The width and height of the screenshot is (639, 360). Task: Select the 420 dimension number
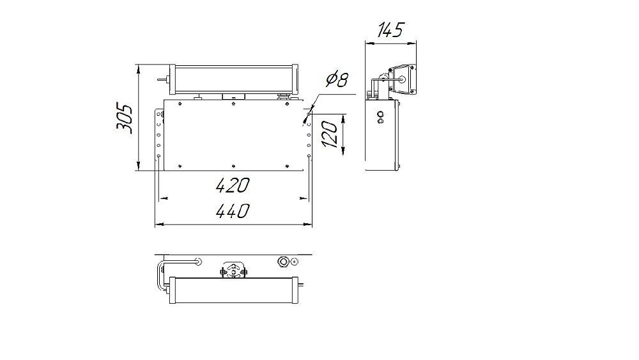(x=233, y=185)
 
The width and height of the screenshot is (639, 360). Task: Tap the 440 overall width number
(x=233, y=211)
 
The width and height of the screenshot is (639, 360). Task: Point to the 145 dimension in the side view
(x=390, y=30)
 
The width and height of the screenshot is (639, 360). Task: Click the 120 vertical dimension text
(x=330, y=135)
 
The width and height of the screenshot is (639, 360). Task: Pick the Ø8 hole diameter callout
(x=337, y=79)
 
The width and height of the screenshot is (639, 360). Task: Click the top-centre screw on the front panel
(x=233, y=104)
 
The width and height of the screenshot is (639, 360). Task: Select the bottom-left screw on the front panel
(x=180, y=166)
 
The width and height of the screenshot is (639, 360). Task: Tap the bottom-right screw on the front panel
(x=288, y=166)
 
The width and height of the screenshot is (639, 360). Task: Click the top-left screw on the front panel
(x=180, y=104)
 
